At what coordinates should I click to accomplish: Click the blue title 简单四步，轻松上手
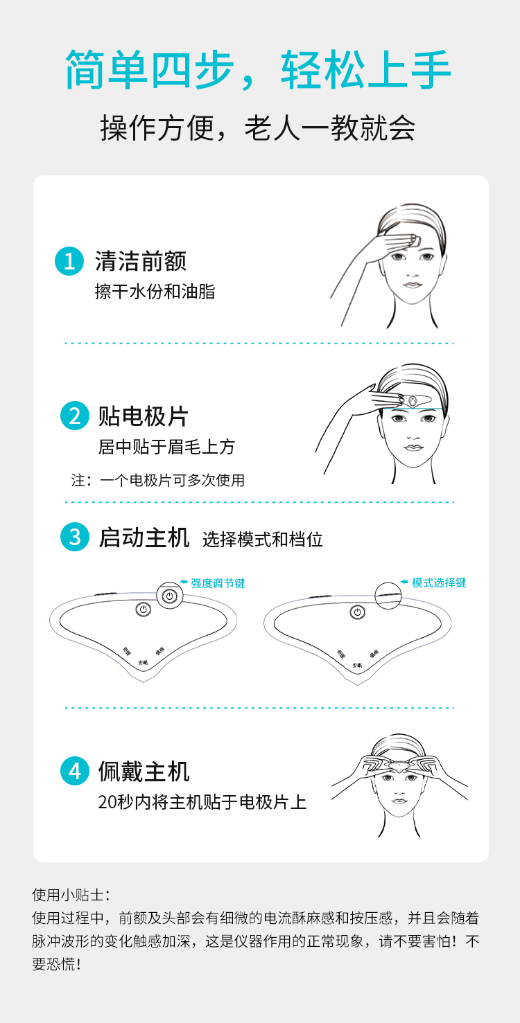259,71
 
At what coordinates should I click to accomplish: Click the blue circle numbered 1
69,261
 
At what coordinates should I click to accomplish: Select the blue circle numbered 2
75,416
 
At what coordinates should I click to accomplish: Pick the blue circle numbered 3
75,537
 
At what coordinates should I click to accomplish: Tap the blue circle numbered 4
75,771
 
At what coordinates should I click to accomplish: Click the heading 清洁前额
141,261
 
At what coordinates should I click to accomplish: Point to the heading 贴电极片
144,416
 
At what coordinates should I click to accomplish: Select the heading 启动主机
144,537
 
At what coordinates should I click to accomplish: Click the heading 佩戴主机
144,771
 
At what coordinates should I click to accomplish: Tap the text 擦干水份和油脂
155,292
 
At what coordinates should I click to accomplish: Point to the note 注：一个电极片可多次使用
158,480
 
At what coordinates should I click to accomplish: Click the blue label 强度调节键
218,583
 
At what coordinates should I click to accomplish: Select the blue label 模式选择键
439,582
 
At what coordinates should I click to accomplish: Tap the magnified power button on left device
170,596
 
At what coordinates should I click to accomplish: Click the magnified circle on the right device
389,595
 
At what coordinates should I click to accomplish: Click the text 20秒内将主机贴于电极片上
202,803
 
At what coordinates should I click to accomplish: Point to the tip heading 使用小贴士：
71,895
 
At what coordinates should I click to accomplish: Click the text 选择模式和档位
263,540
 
